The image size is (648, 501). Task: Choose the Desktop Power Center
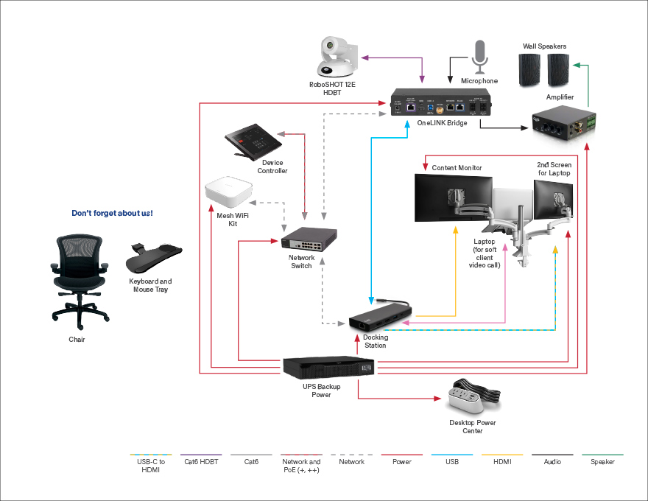(x=475, y=399)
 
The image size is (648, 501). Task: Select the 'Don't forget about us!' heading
(x=112, y=214)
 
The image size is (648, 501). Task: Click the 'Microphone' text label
(x=479, y=81)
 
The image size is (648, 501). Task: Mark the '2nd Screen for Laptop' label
(x=554, y=169)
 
